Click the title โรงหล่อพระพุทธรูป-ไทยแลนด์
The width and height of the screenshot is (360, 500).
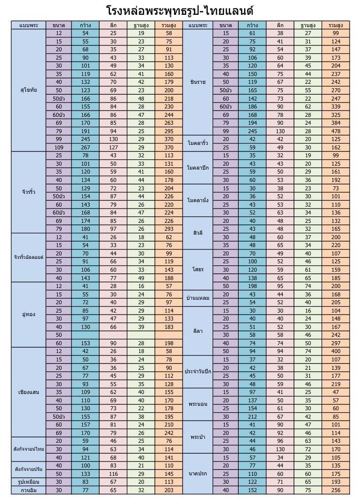coord(180,10)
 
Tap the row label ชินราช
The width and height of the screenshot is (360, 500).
coord(198,81)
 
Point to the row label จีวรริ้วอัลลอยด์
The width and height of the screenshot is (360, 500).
coord(29,257)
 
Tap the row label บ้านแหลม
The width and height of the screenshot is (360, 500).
coord(198,298)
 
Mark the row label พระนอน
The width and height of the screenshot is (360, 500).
coord(198,404)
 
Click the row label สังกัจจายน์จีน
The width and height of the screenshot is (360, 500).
coord(29,469)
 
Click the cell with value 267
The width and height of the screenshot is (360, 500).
coord(85,147)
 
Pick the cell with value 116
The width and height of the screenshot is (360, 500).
coord(113,473)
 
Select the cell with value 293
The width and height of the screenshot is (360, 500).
coord(169,229)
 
